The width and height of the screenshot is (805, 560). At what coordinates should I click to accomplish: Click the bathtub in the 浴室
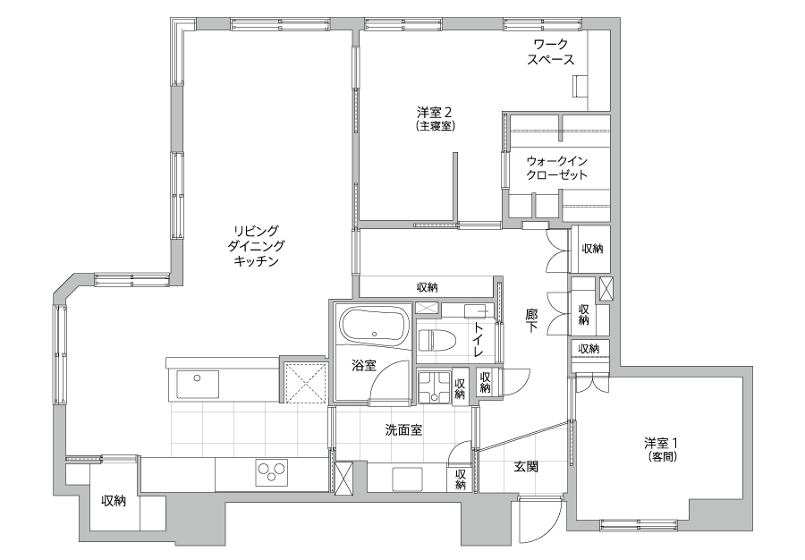[x=374, y=327]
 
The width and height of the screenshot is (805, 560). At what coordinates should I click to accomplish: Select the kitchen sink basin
[x=198, y=384]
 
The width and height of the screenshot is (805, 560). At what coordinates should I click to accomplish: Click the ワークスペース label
[x=551, y=52]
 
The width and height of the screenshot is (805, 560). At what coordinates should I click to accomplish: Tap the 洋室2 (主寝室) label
[x=436, y=118]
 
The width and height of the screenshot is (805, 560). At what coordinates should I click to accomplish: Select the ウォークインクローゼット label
[x=557, y=167]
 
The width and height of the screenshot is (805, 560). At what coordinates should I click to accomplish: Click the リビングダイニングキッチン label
[x=256, y=245]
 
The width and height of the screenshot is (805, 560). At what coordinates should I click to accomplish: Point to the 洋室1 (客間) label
[x=662, y=448]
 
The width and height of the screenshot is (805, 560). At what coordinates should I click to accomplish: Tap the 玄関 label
[x=526, y=467]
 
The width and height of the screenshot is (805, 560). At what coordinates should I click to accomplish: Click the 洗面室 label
[x=403, y=430]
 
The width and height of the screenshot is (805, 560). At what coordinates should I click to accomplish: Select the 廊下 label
[x=532, y=319]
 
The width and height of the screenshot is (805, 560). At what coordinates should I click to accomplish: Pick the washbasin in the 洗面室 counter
[x=408, y=479]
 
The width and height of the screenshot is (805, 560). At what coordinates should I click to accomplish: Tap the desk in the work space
[x=580, y=86]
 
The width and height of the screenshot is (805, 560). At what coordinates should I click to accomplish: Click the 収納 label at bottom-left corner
[x=114, y=500]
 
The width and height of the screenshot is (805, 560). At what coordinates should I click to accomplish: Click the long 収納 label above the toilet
[x=428, y=287]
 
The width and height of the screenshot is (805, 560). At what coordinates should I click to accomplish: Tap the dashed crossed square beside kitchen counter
[x=306, y=383]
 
